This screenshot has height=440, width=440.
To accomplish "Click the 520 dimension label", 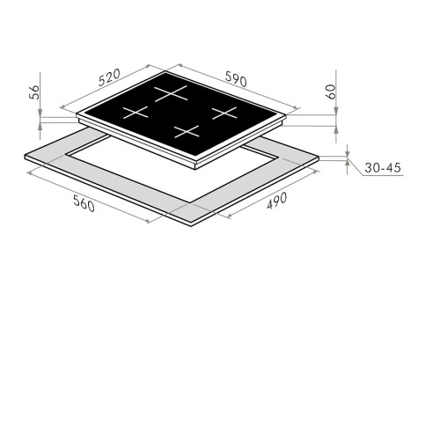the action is pyautogui.click(x=109, y=77).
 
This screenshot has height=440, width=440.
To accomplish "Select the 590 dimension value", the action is pyautogui.click(x=236, y=79).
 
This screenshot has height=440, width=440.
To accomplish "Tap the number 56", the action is pyautogui.click(x=34, y=92).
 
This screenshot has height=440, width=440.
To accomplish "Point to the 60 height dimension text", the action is pyautogui.click(x=330, y=92).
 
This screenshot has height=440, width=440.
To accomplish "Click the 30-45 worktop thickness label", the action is pyautogui.click(x=383, y=168).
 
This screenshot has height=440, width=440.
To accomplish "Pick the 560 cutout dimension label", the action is pyautogui.click(x=84, y=203).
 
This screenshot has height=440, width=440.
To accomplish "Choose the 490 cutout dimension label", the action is pyautogui.click(x=276, y=201).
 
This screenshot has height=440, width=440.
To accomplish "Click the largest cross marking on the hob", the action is pyautogui.click(x=171, y=93).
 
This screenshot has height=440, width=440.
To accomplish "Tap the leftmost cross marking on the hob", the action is pyautogui.click(x=136, y=113).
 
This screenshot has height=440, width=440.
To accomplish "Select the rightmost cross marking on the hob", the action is pyautogui.click(x=224, y=113).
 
